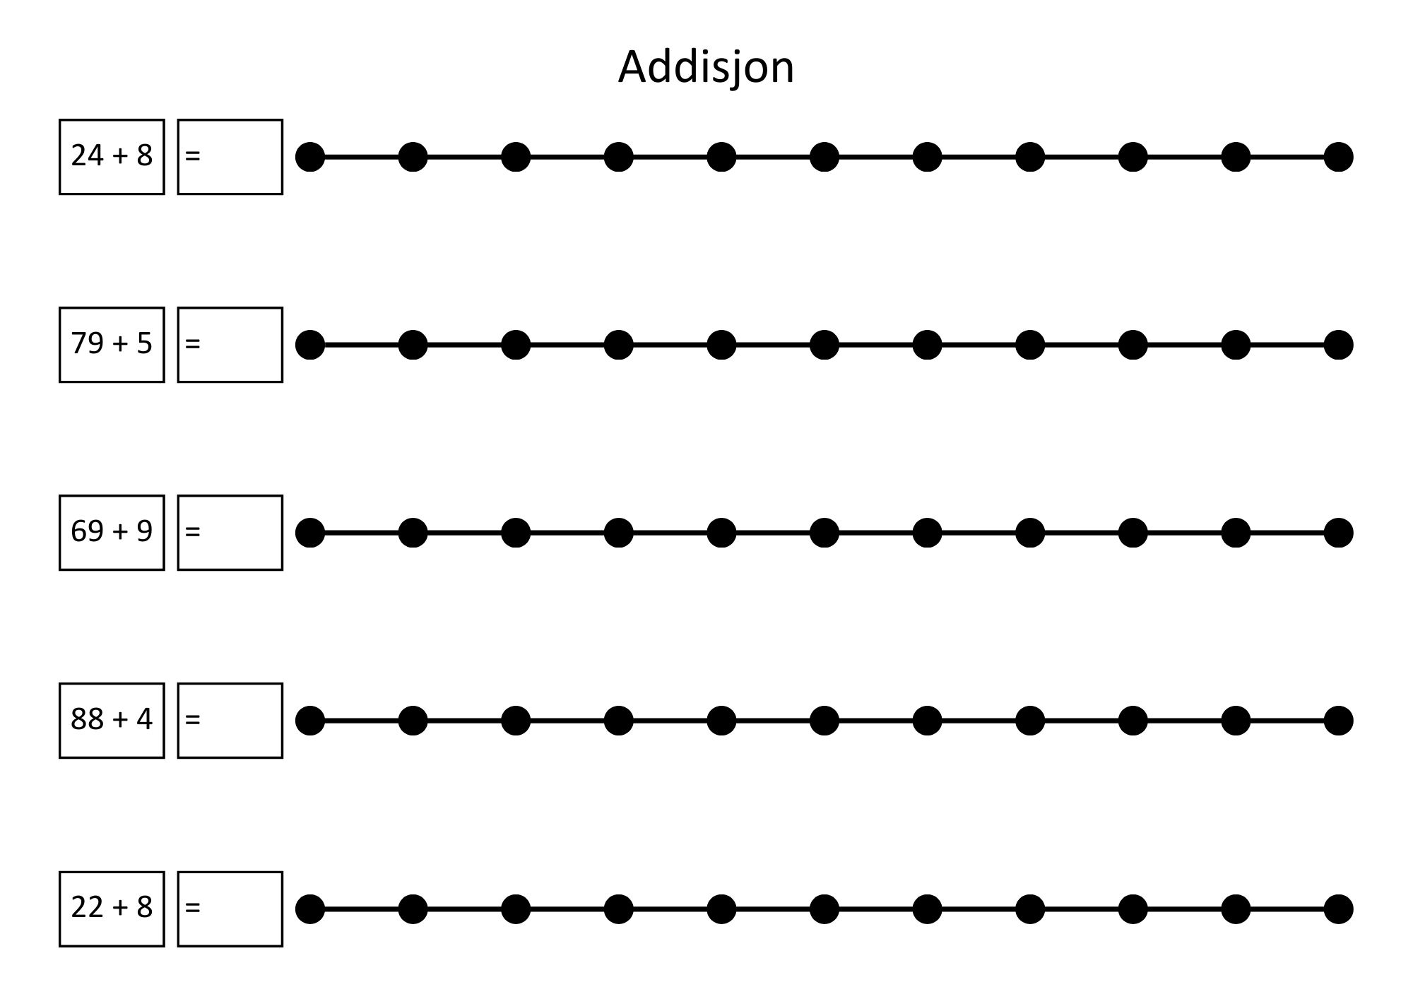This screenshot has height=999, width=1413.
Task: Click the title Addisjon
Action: point(706,68)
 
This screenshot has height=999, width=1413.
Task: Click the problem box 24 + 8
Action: point(112,157)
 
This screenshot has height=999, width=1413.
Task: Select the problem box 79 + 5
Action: point(112,345)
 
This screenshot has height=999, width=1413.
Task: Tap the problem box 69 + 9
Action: point(112,533)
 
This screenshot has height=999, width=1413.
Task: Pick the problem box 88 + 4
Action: point(112,721)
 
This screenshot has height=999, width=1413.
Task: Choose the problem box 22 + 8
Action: point(112,909)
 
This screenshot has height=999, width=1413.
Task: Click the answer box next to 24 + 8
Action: point(230,157)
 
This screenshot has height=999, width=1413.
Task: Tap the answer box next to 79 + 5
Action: point(230,345)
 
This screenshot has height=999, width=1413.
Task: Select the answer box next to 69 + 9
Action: point(230,533)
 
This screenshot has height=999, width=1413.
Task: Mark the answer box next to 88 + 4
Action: point(230,721)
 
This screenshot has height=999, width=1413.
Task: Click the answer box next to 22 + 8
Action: point(230,909)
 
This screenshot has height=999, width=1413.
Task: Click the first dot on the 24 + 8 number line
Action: point(310,157)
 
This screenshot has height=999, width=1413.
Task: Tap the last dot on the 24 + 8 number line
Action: point(1338,157)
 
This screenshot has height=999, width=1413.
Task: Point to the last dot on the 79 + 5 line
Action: point(1338,345)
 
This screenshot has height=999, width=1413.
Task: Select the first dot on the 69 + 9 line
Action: point(310,533)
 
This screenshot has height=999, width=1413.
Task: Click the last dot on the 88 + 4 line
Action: point(1338,721)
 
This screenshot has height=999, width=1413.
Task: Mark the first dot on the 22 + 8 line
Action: point(310,909)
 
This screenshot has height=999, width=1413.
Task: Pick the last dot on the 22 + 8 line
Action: point(1338,909)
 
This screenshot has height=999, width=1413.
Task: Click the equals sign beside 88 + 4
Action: point(193,720)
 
